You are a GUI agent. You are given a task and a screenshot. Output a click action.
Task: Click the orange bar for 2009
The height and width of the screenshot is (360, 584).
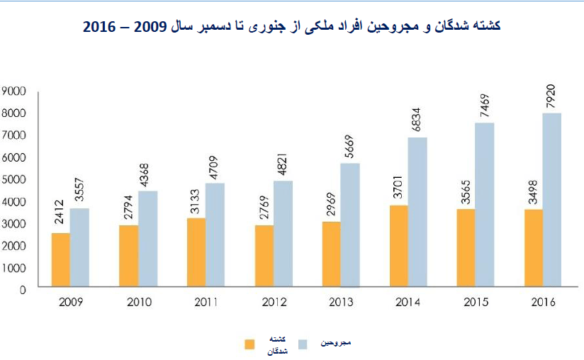pyautogui.click(x=60, y=261)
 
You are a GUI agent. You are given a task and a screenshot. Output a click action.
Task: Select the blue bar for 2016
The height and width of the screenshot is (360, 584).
pyautogui.click(x=552, y=201)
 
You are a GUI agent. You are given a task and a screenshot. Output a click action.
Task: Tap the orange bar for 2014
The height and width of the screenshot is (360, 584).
pyautogui.click(x=398, y=247)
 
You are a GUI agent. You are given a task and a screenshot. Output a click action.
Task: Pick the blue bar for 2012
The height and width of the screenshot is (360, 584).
pyautogui.click(x=283, y=235)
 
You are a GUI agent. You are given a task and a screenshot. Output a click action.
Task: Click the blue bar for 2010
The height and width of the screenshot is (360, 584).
pyautogui.click(x=147, y=240)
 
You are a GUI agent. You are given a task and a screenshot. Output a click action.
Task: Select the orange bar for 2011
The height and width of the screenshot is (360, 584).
pyautogui.click(x=196, y=254)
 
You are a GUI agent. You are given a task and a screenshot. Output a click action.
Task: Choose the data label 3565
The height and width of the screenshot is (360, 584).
pyautogui.click(x=466, y=191)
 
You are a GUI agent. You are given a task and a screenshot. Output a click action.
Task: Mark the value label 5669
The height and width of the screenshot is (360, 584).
pyautogui.click(x=349, y=146)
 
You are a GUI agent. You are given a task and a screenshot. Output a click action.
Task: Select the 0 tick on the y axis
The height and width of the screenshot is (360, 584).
pyautogui.click(x=23, y=290)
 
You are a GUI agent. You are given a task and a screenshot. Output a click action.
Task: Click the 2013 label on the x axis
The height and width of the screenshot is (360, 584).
pyautogui.click(x=341, y=303)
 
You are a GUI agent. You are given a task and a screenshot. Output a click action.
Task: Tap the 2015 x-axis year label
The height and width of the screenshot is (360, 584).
pyautogui.click(x=476, y=303)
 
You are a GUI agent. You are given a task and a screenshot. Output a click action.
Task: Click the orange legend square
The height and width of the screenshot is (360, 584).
pyautogui.click(x=249, y=344)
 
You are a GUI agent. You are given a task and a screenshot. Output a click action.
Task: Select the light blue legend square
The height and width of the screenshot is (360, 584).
pyautogui.click(x=303, y=344)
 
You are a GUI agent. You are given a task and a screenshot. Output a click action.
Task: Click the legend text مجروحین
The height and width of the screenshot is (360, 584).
pyautogui.click(x=336, y=343)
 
